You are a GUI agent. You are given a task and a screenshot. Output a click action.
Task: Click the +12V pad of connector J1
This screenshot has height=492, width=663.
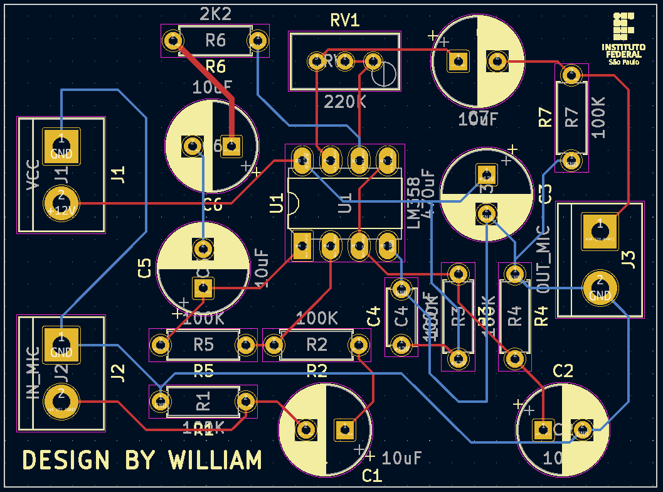click(x=61, y=203)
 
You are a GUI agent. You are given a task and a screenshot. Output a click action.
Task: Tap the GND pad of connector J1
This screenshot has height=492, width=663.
click(x=61, y=145)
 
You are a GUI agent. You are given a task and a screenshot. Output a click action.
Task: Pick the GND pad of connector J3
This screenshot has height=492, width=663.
click(x=600, y=288)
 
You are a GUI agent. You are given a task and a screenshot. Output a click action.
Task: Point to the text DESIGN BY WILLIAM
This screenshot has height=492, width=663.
click(x=142, y=461)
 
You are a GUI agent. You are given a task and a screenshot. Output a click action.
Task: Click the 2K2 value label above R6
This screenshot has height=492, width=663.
click(x=215, y=14)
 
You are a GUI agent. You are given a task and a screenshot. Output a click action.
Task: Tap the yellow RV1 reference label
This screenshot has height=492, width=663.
click(x=345, y=20)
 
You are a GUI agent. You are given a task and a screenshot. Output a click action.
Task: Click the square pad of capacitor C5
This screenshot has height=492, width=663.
click(x=203, y=289)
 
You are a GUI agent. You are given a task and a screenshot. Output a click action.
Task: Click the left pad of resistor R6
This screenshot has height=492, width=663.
click(x=172, y=41)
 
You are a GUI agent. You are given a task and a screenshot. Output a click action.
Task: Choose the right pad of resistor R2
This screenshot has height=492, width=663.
click(x=359, y=344)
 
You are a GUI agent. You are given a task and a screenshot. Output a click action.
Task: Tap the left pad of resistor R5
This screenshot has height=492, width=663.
click(x=160, y=345)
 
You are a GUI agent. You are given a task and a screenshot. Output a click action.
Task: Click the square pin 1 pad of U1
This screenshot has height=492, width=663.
click(x=302, y=246)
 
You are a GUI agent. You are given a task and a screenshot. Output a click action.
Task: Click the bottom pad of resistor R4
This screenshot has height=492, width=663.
click(x=514, y=359)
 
